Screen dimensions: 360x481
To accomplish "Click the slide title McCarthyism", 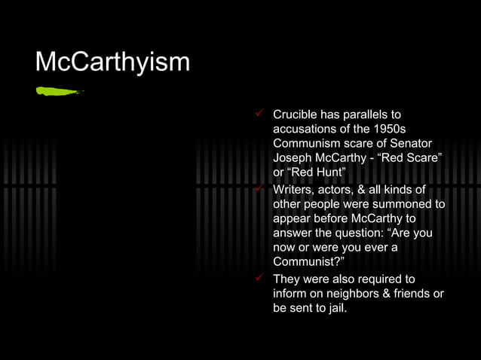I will point(112,61).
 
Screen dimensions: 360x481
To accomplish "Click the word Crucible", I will point(295,115).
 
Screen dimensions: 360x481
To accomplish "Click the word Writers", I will point(293,189).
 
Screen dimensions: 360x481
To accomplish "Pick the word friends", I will point(413,294).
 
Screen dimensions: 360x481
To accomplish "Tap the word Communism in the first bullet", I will point(308,143).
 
